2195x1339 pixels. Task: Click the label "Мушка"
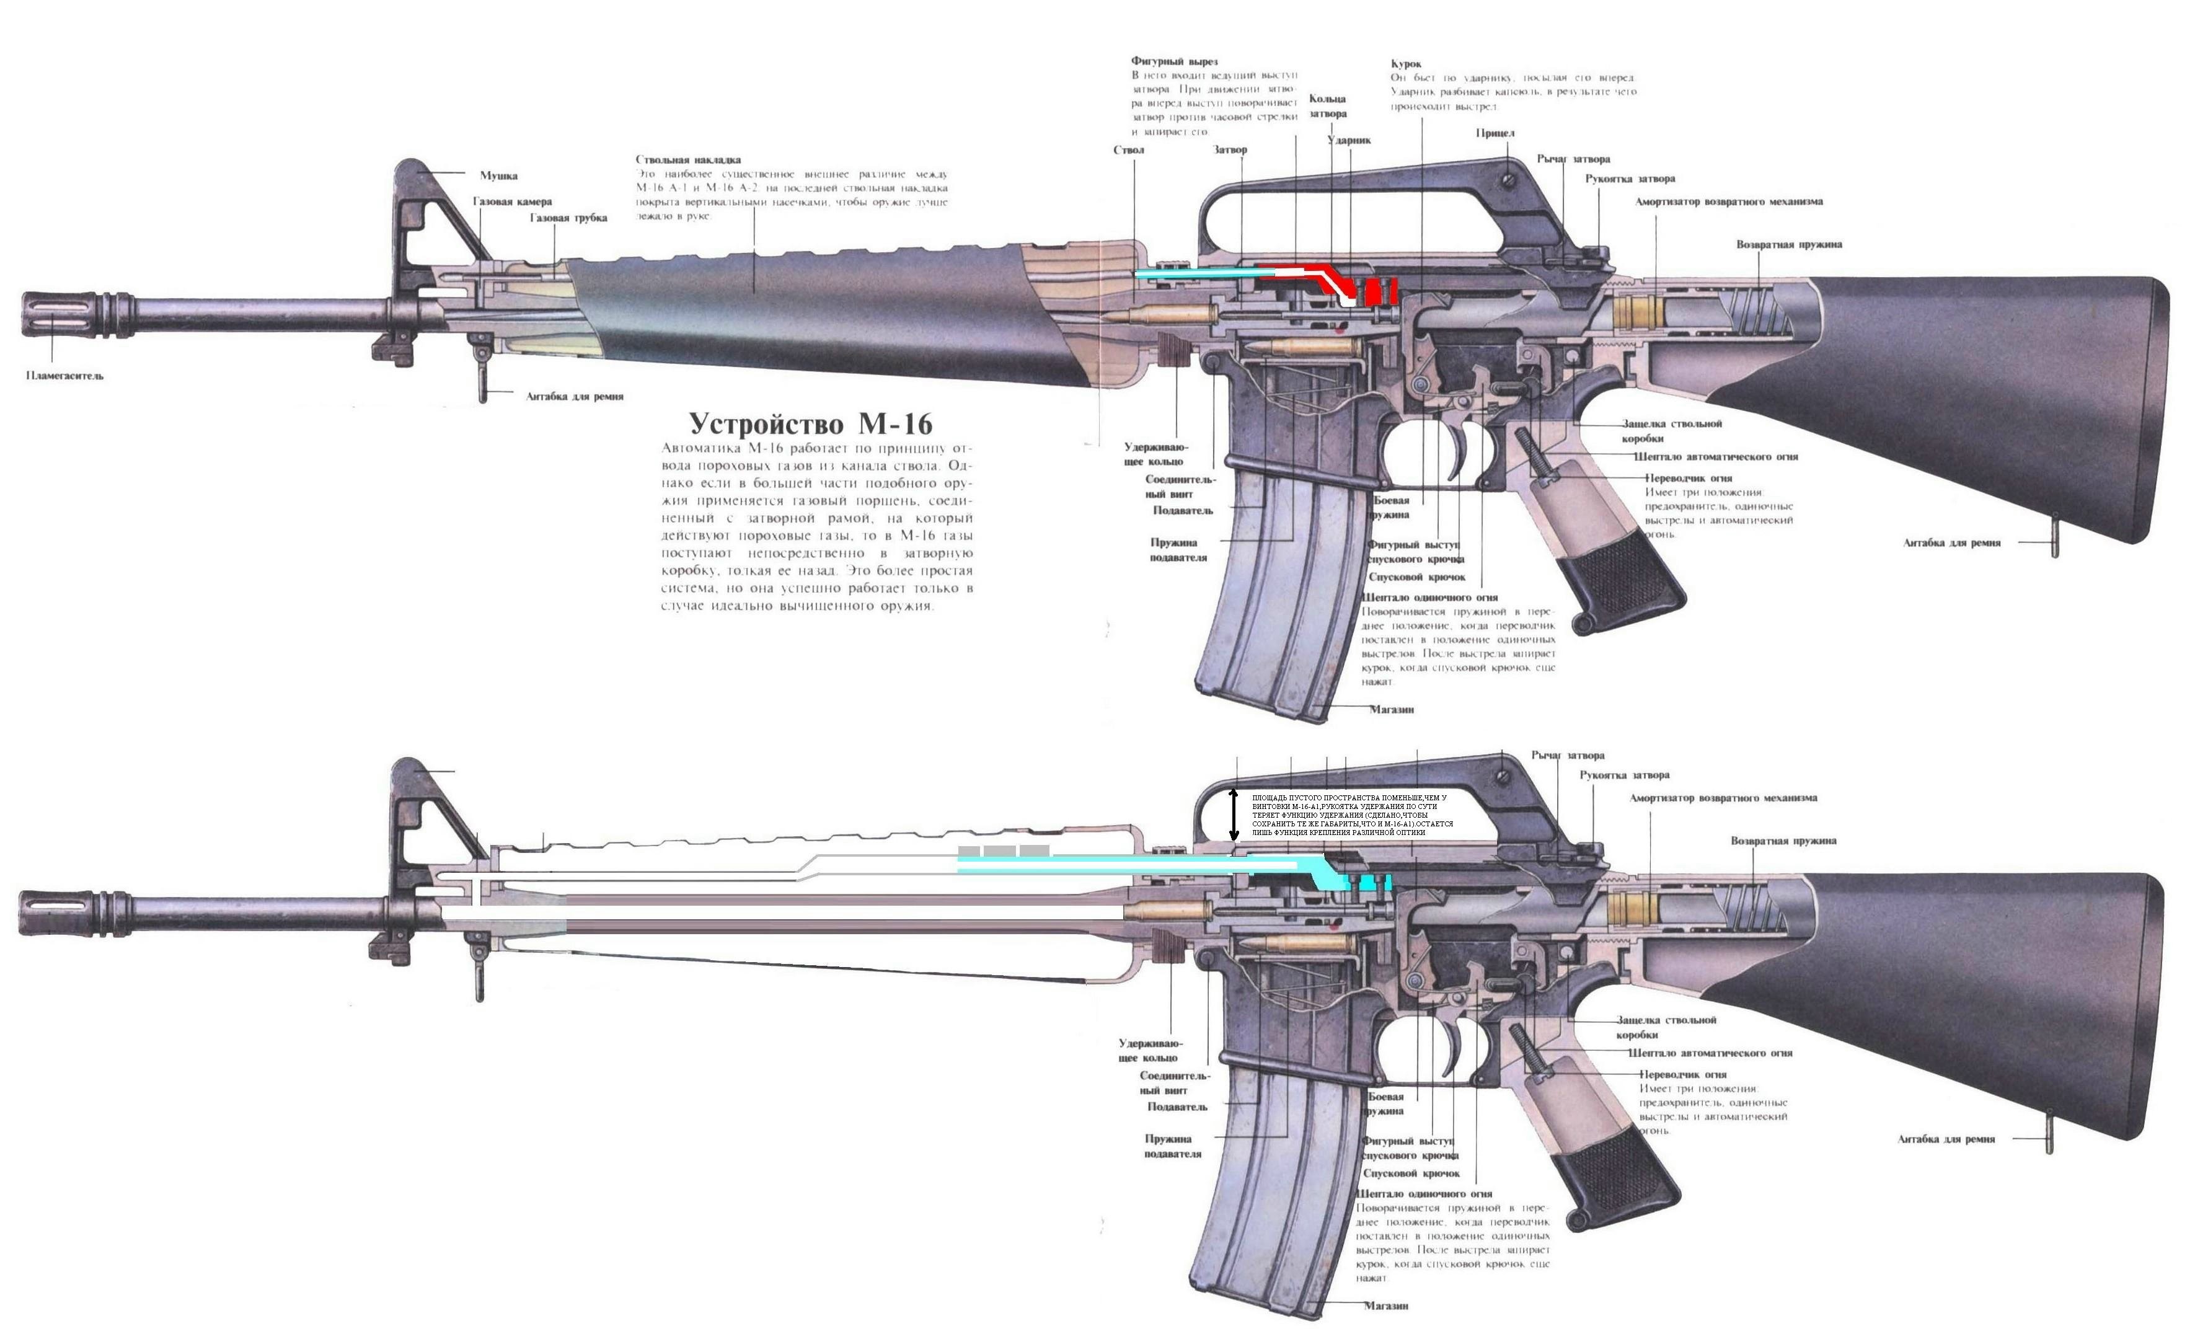click(499, 175)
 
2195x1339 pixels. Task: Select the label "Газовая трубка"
click(568, 218)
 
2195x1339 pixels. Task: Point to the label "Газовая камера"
click(512, 202)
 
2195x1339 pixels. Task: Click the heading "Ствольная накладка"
click(687, 159)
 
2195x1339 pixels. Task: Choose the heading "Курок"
click(1406, 64)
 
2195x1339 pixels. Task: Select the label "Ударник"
click(1349, 141)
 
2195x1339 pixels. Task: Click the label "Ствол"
click(1129, 149)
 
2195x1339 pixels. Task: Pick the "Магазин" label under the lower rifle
click(1386, 1306)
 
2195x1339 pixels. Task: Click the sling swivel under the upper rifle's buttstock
click(2055, 546)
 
